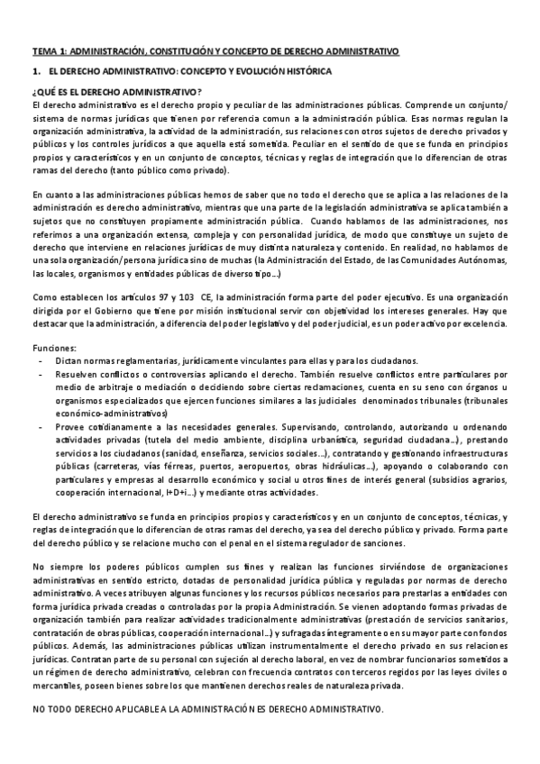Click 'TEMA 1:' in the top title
tap(47, 52)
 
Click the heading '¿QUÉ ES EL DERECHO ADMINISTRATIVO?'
tap(117, 92)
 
